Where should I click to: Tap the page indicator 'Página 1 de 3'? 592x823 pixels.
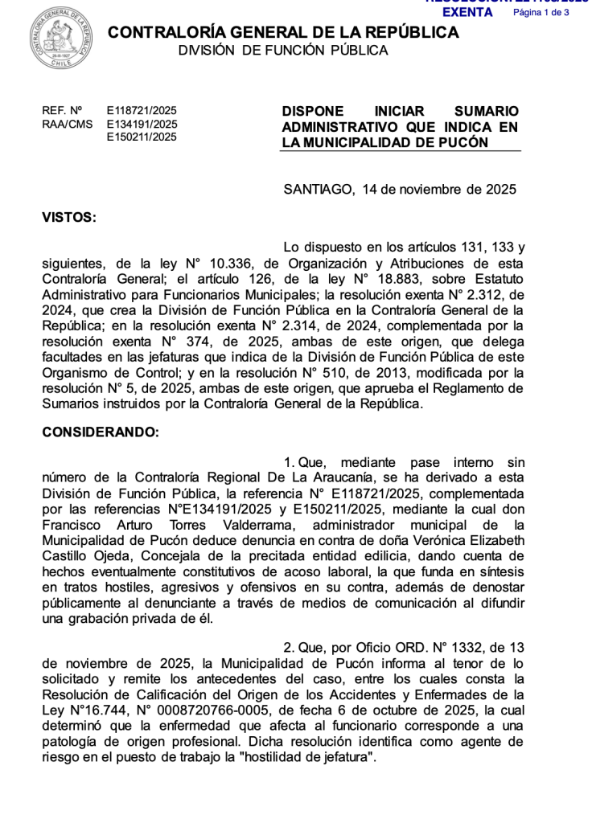(x=541, y=13)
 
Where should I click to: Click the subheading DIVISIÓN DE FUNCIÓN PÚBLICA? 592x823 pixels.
(x=282, y=51)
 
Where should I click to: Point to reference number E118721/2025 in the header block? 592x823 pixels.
(x=142, y=111)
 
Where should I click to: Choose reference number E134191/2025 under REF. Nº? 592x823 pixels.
(x=142, y=124)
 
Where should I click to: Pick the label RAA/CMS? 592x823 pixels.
(x=67, y=124)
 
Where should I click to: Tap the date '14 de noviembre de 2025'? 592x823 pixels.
(x=438, y=190)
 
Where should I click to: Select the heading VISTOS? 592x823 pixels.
(x=68, y=217)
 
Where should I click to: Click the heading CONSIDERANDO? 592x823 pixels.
(x=101, y=432)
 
